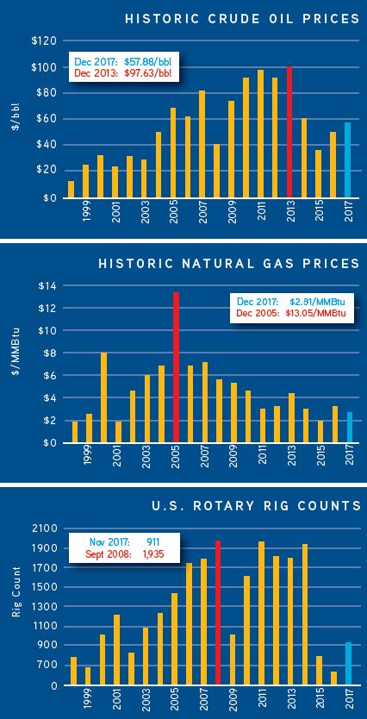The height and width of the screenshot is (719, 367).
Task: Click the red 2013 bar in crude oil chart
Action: [x=289, y=132]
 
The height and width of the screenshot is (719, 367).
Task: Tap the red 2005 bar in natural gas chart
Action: [x=176, y=367]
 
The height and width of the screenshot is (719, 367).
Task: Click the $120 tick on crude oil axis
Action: [x=44, y=41]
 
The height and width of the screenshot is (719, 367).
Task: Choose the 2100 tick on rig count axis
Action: [x=43, y=528]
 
